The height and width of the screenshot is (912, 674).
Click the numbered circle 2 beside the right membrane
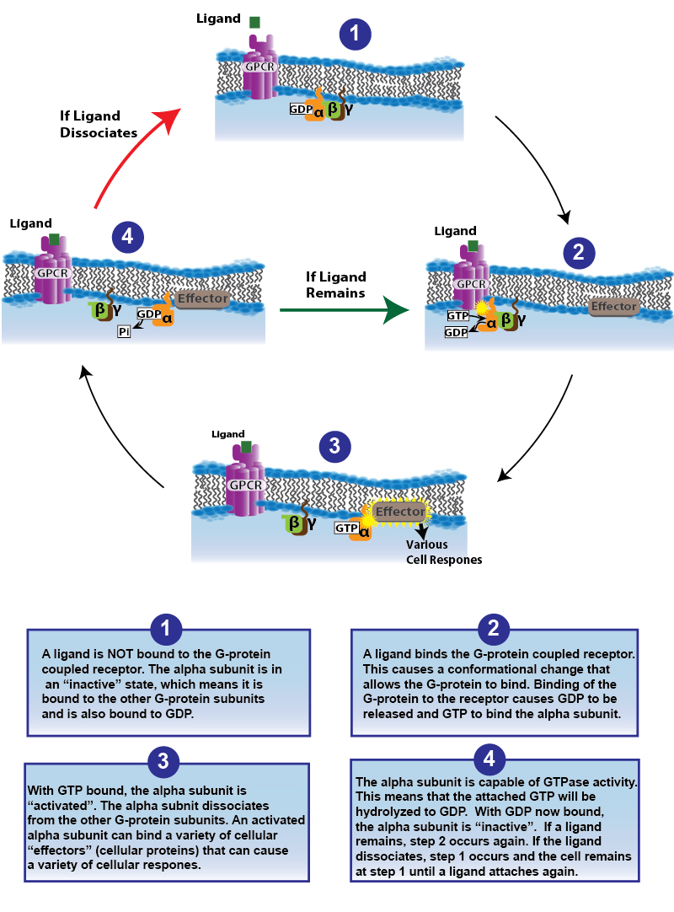tap(580, 252)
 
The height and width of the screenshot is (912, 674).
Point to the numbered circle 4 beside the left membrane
tap(128, 238)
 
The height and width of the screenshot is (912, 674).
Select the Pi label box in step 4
tap(125, 332)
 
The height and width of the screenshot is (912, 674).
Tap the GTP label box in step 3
tap(347, 528)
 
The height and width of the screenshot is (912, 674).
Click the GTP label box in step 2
tap(457, 315)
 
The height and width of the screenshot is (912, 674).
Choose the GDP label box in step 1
tap(300, 110)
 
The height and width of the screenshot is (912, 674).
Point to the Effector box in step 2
tap(613, 307)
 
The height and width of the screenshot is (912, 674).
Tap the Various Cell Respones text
tap(444, 551)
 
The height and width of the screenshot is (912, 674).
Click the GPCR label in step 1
tap(257, 66)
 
